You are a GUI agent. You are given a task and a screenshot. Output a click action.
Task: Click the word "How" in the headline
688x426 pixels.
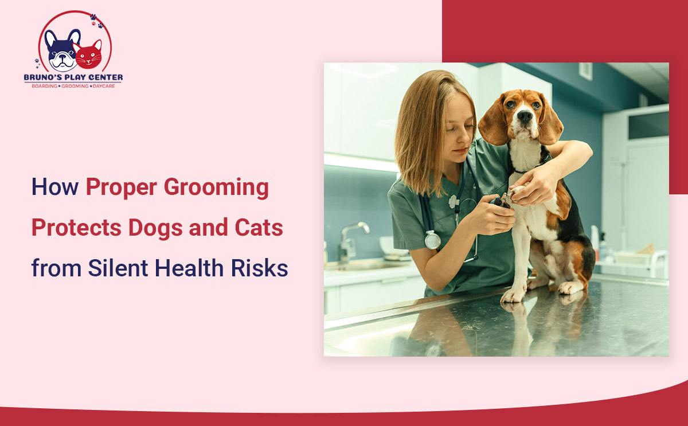coord(54,187)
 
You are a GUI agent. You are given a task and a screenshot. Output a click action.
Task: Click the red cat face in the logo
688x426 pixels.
coord(88,56)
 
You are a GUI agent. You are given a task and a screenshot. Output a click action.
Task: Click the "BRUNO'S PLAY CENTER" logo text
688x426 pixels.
coord(73,77)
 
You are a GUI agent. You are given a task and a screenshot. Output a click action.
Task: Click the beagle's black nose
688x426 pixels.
coord(525,116)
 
